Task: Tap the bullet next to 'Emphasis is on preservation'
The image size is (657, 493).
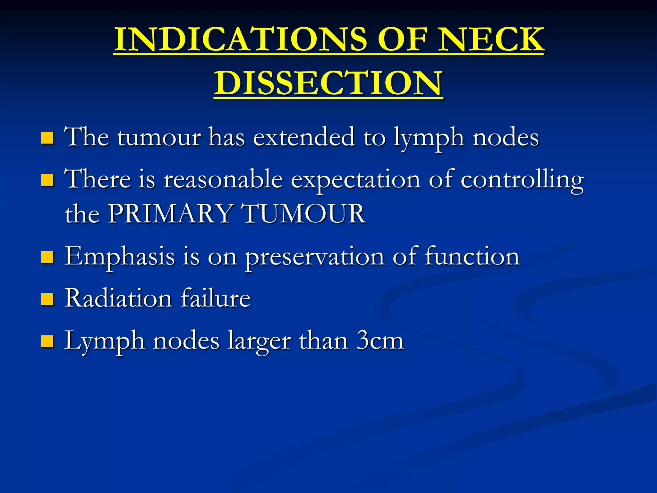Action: coord(47,257)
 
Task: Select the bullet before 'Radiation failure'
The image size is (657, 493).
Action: coord(47,299)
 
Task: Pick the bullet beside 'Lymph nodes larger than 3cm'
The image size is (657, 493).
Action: coord(47,342)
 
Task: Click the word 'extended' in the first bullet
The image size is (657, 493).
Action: coord(304,137)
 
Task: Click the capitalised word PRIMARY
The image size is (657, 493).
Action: coord(170,214)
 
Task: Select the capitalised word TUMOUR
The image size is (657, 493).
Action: coord(303,214)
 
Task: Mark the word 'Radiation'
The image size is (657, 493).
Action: coord(118,298)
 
